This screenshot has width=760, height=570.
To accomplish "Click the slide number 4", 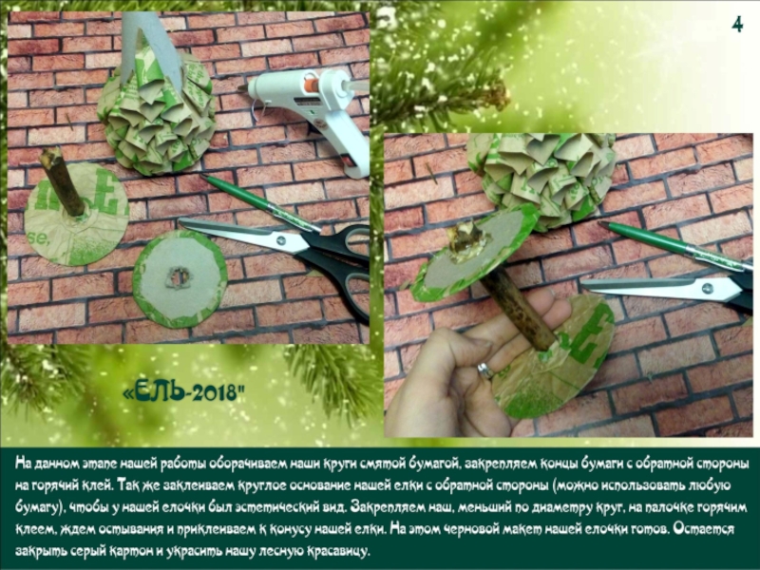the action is [x=737, y=25].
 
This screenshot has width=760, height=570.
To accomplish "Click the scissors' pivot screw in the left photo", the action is [x=280, y=240].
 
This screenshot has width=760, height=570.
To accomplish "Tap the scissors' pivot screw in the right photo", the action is [x=707, y=290].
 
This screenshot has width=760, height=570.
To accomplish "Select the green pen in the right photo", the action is [x=674, y=245].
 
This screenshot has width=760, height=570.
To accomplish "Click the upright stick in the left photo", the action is [x=62, y=181].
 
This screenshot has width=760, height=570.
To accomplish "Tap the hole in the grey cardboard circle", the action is [x=178, y=277].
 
